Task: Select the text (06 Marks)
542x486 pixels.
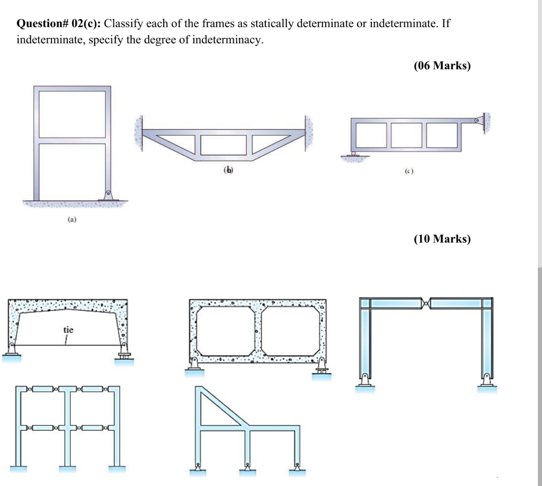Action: [x=442, y=66]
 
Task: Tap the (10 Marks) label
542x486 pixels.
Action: [x=442, y=238]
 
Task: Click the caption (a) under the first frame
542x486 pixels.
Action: [x=72, y=220]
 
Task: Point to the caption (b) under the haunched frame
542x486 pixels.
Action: [x=228, y=170]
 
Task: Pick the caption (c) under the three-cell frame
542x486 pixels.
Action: [x=408, y=171]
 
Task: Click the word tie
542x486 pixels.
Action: [x=68, y=330]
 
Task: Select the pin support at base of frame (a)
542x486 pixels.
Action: [x=108, y=195]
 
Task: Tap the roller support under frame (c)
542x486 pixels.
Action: [x=354, y=154]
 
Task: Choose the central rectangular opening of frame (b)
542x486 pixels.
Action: [x=223, y=145]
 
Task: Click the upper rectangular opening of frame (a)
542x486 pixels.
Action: [x=72, y=114]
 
